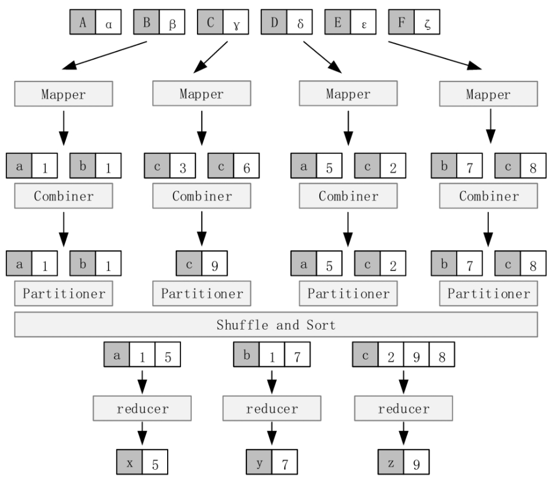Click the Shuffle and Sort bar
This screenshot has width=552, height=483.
pyautogui.click(x=276, y=324)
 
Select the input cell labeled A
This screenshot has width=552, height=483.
pyautogui.click(x=82, y=22)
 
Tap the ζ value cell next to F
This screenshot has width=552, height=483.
pyautogui.click(x=427, y=22)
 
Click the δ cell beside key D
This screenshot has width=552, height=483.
pyautogui.click(x=300, y=22)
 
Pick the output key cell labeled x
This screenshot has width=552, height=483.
pyautogui.click(x=129, y=462)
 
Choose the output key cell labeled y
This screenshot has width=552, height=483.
pyautogui.click(x=258, y=462)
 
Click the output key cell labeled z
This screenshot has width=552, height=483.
pyautogui.click(x=391, y=462)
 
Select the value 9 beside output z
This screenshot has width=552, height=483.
pyautogui.click(x=416, y=462)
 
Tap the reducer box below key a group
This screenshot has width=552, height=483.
pyautogui.click(x=142, y=408)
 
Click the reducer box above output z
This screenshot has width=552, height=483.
pyautogui.click(x=403, y=408)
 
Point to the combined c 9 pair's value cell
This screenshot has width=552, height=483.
pyautogui.click(x=215, y=264)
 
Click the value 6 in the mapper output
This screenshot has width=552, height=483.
pyautogui.click(x=246, y=165)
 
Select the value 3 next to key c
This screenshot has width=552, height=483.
pyautogui.click(x=183, y=165)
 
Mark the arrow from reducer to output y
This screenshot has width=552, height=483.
pyautogui.click(x=272, y=434)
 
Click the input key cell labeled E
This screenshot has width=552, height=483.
pyautogui.click(x=338, y=22)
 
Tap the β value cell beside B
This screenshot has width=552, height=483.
pyautogui.click(x=172, y=22)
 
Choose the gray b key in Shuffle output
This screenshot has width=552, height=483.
pyautogui.click(x=246, y=354)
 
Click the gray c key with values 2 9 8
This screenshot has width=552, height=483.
pyautogui.click(x=365, y=354)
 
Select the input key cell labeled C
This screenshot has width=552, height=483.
pyautogui.click(x=210, y=22)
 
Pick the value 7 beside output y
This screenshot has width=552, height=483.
pyautogui.click(x=284, y=462)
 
